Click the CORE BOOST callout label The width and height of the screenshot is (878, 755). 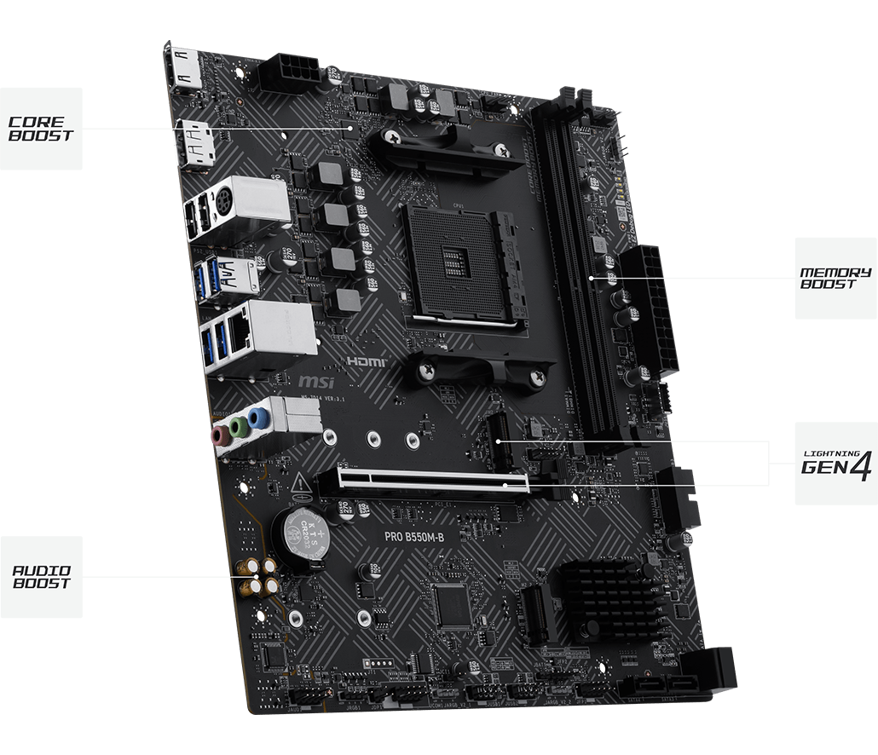(x=41, y=129)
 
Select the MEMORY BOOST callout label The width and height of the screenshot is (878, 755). (x=835, y=279)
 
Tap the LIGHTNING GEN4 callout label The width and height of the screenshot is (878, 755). (x=835, y=463)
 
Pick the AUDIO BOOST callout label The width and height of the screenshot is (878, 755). (x=41, y=577)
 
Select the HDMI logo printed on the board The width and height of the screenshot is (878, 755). (x=367, y=362)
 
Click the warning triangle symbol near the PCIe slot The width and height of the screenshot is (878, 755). (x=300, y=487)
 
